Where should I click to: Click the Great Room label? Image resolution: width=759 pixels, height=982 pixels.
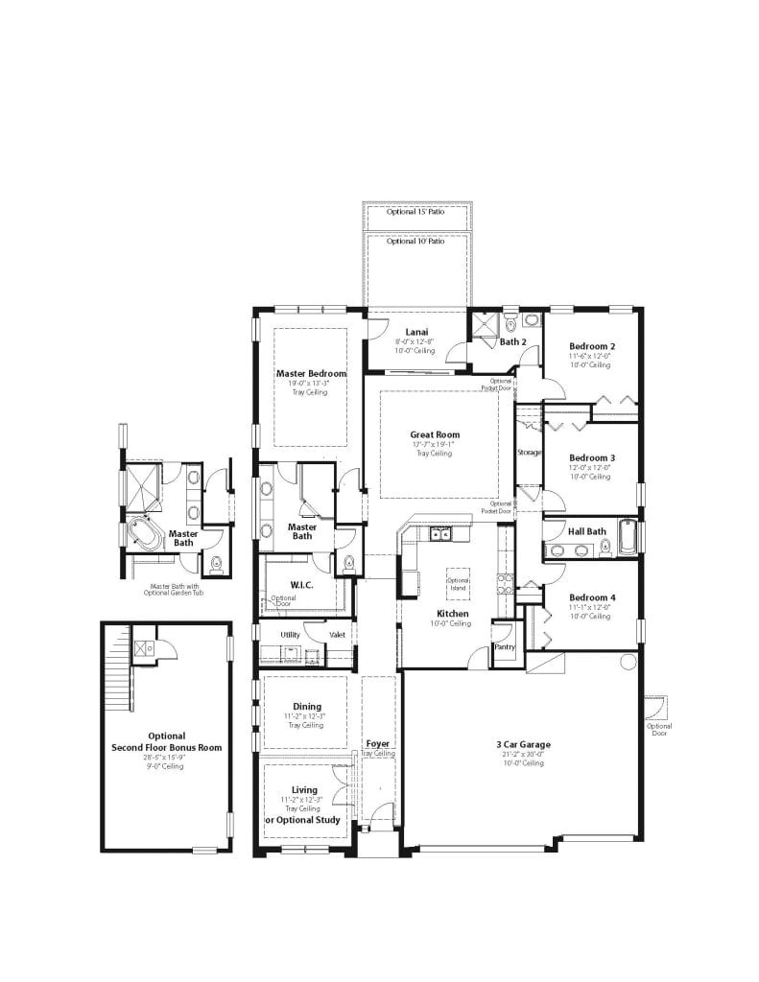coord(435,434)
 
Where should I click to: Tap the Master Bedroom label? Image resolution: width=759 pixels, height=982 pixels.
coord(311,373)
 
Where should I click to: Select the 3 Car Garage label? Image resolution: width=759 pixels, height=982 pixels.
coord(522,744)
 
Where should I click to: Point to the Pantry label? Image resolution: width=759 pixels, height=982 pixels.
coord(505,646)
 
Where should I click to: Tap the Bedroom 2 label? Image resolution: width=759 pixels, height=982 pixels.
coord(592,346)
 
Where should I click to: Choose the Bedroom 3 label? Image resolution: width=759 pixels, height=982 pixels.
coord(592,457)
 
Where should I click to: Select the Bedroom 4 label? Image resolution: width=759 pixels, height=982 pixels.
coord(592,597)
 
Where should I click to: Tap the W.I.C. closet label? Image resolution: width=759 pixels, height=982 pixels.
coord(302,584)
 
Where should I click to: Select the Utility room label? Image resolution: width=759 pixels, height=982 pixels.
coord(290,634)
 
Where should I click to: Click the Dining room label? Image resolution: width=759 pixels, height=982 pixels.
coord(307,707)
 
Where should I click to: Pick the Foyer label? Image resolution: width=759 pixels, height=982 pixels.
coord(378,743)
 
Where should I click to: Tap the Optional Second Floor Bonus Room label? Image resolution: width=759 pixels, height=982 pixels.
coord(166,741)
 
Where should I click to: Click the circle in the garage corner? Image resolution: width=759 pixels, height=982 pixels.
coord(628,661)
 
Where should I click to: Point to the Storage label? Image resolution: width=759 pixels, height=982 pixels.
coord(529,452)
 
